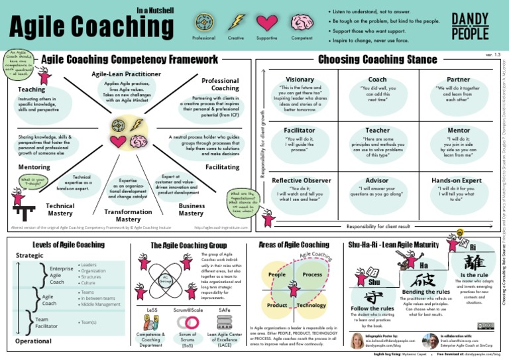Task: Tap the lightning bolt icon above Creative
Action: [x=236, y=22]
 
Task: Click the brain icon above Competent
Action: [x=302, y=22]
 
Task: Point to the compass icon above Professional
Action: [x=203, y=22]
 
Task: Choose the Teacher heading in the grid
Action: [x=377, y=130]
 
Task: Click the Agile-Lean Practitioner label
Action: [x=126, y=74]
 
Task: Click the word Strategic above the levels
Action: [x=29, y=255]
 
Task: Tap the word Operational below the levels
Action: [x=33, y=341]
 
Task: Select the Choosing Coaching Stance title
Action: [x=377, y=60]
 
